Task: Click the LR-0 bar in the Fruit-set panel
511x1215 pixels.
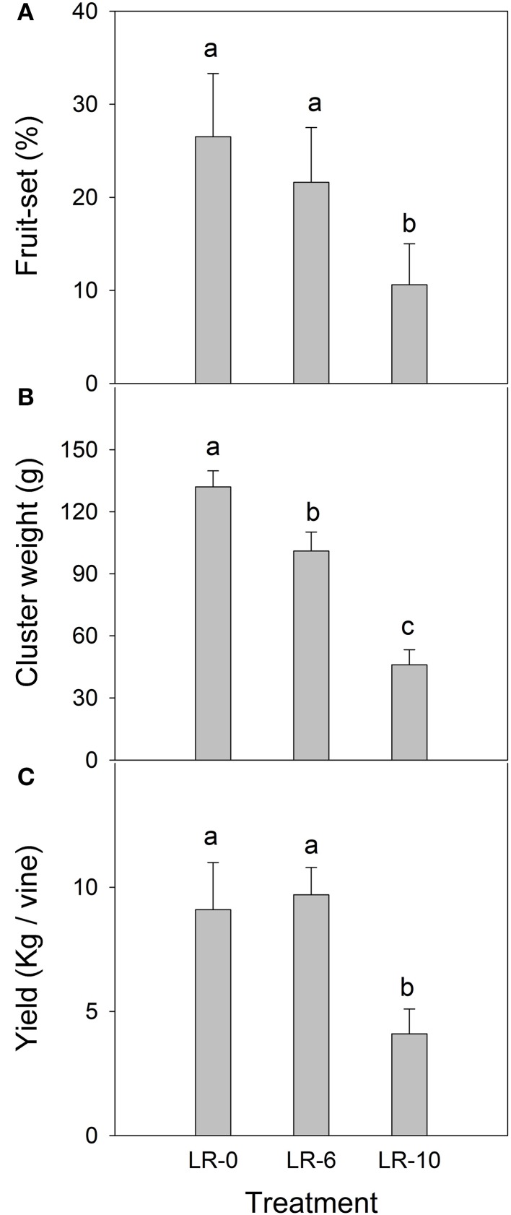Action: tap(213, 260)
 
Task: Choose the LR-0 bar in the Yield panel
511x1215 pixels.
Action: tap(213, 1022)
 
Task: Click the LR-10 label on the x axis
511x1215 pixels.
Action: tap(409, 1161)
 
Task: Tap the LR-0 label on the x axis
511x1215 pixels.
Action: tap(213, 1161)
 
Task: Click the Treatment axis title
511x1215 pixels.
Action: tap(311, 1199)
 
